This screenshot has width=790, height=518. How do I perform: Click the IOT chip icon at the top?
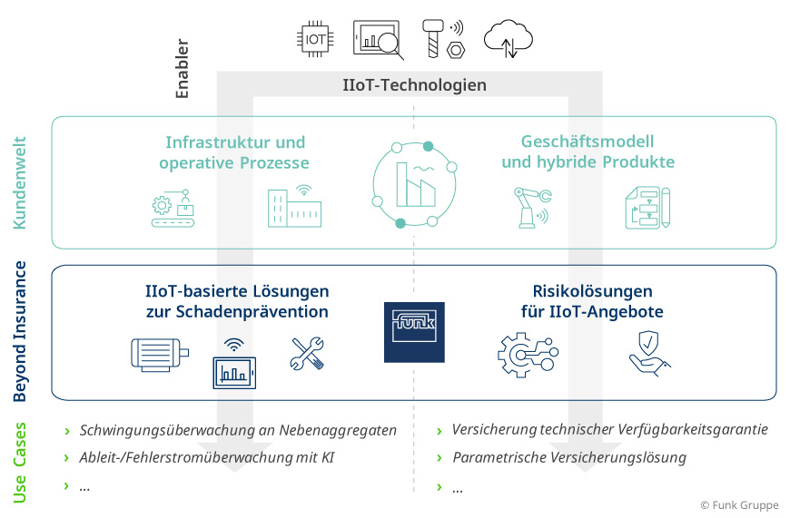coord(315,38)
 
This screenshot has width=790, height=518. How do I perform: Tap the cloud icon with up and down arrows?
coord(508,39)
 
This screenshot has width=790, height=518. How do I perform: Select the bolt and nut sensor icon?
coord(442,38)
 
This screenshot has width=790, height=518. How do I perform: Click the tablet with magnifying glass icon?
coord(378,39)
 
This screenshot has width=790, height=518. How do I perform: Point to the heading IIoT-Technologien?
coord(414,85)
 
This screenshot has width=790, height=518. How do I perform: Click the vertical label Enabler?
coord(182,68)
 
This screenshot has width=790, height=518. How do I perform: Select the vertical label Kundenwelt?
coord(20,182)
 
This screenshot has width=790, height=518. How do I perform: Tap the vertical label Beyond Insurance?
coord(20,332)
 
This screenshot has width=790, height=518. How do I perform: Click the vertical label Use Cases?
coord(20,462)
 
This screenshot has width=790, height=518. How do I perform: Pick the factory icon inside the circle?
coord(414,184)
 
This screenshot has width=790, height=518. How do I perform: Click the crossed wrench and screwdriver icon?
coord(306,354)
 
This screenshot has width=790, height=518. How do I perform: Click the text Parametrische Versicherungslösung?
coord(569,457)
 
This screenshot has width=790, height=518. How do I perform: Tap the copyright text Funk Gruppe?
coord(739,505)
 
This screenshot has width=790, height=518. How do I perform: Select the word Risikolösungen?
coord(592,291)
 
